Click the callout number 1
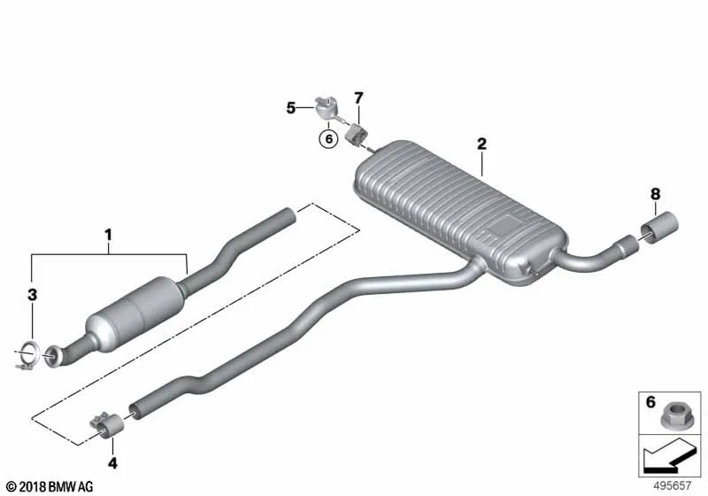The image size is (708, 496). point(108,235)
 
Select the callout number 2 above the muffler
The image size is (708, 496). point(481,144)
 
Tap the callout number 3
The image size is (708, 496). point(32,295)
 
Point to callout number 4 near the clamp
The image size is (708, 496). point(112,463)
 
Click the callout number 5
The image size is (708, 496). point(291,108)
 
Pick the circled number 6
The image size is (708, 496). point(328,139)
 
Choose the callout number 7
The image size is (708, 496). point(358,97)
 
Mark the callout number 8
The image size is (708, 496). point(655,194)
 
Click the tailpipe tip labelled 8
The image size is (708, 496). point(659,228)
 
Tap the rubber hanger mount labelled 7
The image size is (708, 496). point(357,134)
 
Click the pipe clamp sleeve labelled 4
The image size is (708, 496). point(107,424)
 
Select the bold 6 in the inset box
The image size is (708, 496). point(650,401)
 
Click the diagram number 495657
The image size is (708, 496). point(673,485)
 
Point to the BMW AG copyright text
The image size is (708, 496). point(50,487)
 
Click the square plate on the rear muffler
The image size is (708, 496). point(504,224)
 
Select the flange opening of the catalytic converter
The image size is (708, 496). point(52,356)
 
